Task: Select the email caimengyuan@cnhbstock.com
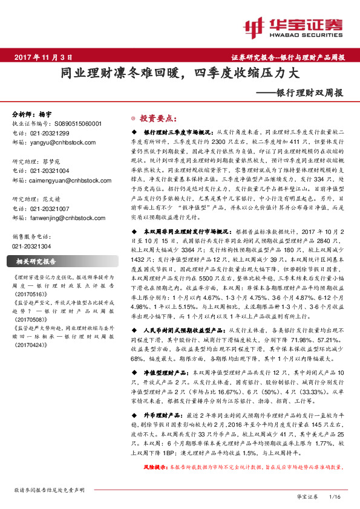66,180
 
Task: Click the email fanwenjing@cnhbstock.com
64,217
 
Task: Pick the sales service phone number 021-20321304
33,247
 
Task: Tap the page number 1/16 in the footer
333,496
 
